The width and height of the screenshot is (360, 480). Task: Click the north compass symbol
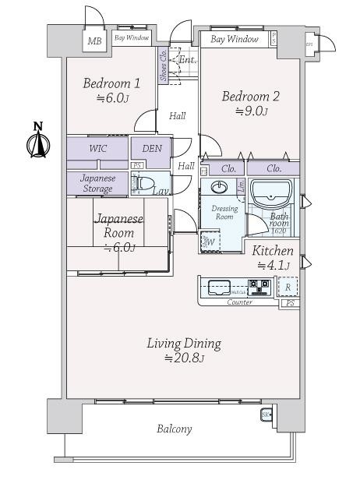point(38,142)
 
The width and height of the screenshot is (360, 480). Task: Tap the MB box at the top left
point(94,41)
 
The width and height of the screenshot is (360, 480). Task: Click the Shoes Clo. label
point(164,65)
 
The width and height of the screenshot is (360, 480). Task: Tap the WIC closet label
point(98,148)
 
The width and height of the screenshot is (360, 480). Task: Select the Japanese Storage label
point(97,182)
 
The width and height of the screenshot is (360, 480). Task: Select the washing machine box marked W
point(209,241)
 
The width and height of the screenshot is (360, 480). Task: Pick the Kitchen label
point(273,251)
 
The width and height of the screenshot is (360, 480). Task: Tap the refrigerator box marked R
point(288,287)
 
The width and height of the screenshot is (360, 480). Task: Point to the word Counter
point(239,302)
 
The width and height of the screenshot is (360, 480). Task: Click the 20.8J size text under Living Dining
point(185,358)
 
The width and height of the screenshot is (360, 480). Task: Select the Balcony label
point(174,429)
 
